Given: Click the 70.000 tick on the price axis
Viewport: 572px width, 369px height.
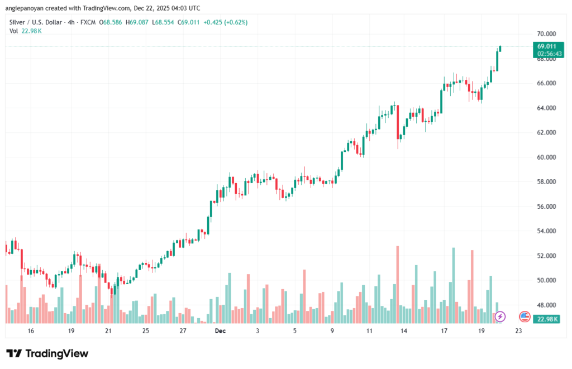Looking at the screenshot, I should (547, 34).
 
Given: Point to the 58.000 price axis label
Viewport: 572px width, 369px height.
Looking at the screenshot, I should (547, 182).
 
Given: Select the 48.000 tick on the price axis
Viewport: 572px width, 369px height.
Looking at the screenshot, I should (547, 305).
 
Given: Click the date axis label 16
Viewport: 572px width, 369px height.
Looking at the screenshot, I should (31, 331).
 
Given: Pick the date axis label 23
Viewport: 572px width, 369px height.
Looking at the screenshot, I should (518, 331).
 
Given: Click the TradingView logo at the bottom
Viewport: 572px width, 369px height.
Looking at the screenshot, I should (47, 353).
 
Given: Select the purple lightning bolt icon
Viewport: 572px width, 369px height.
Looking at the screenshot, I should (500, 317).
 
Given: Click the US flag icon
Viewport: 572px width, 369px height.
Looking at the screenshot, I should (525, 317).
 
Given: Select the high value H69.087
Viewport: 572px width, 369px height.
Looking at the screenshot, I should (137, 22).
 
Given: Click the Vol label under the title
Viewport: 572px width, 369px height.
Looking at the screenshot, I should (14, 31).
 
